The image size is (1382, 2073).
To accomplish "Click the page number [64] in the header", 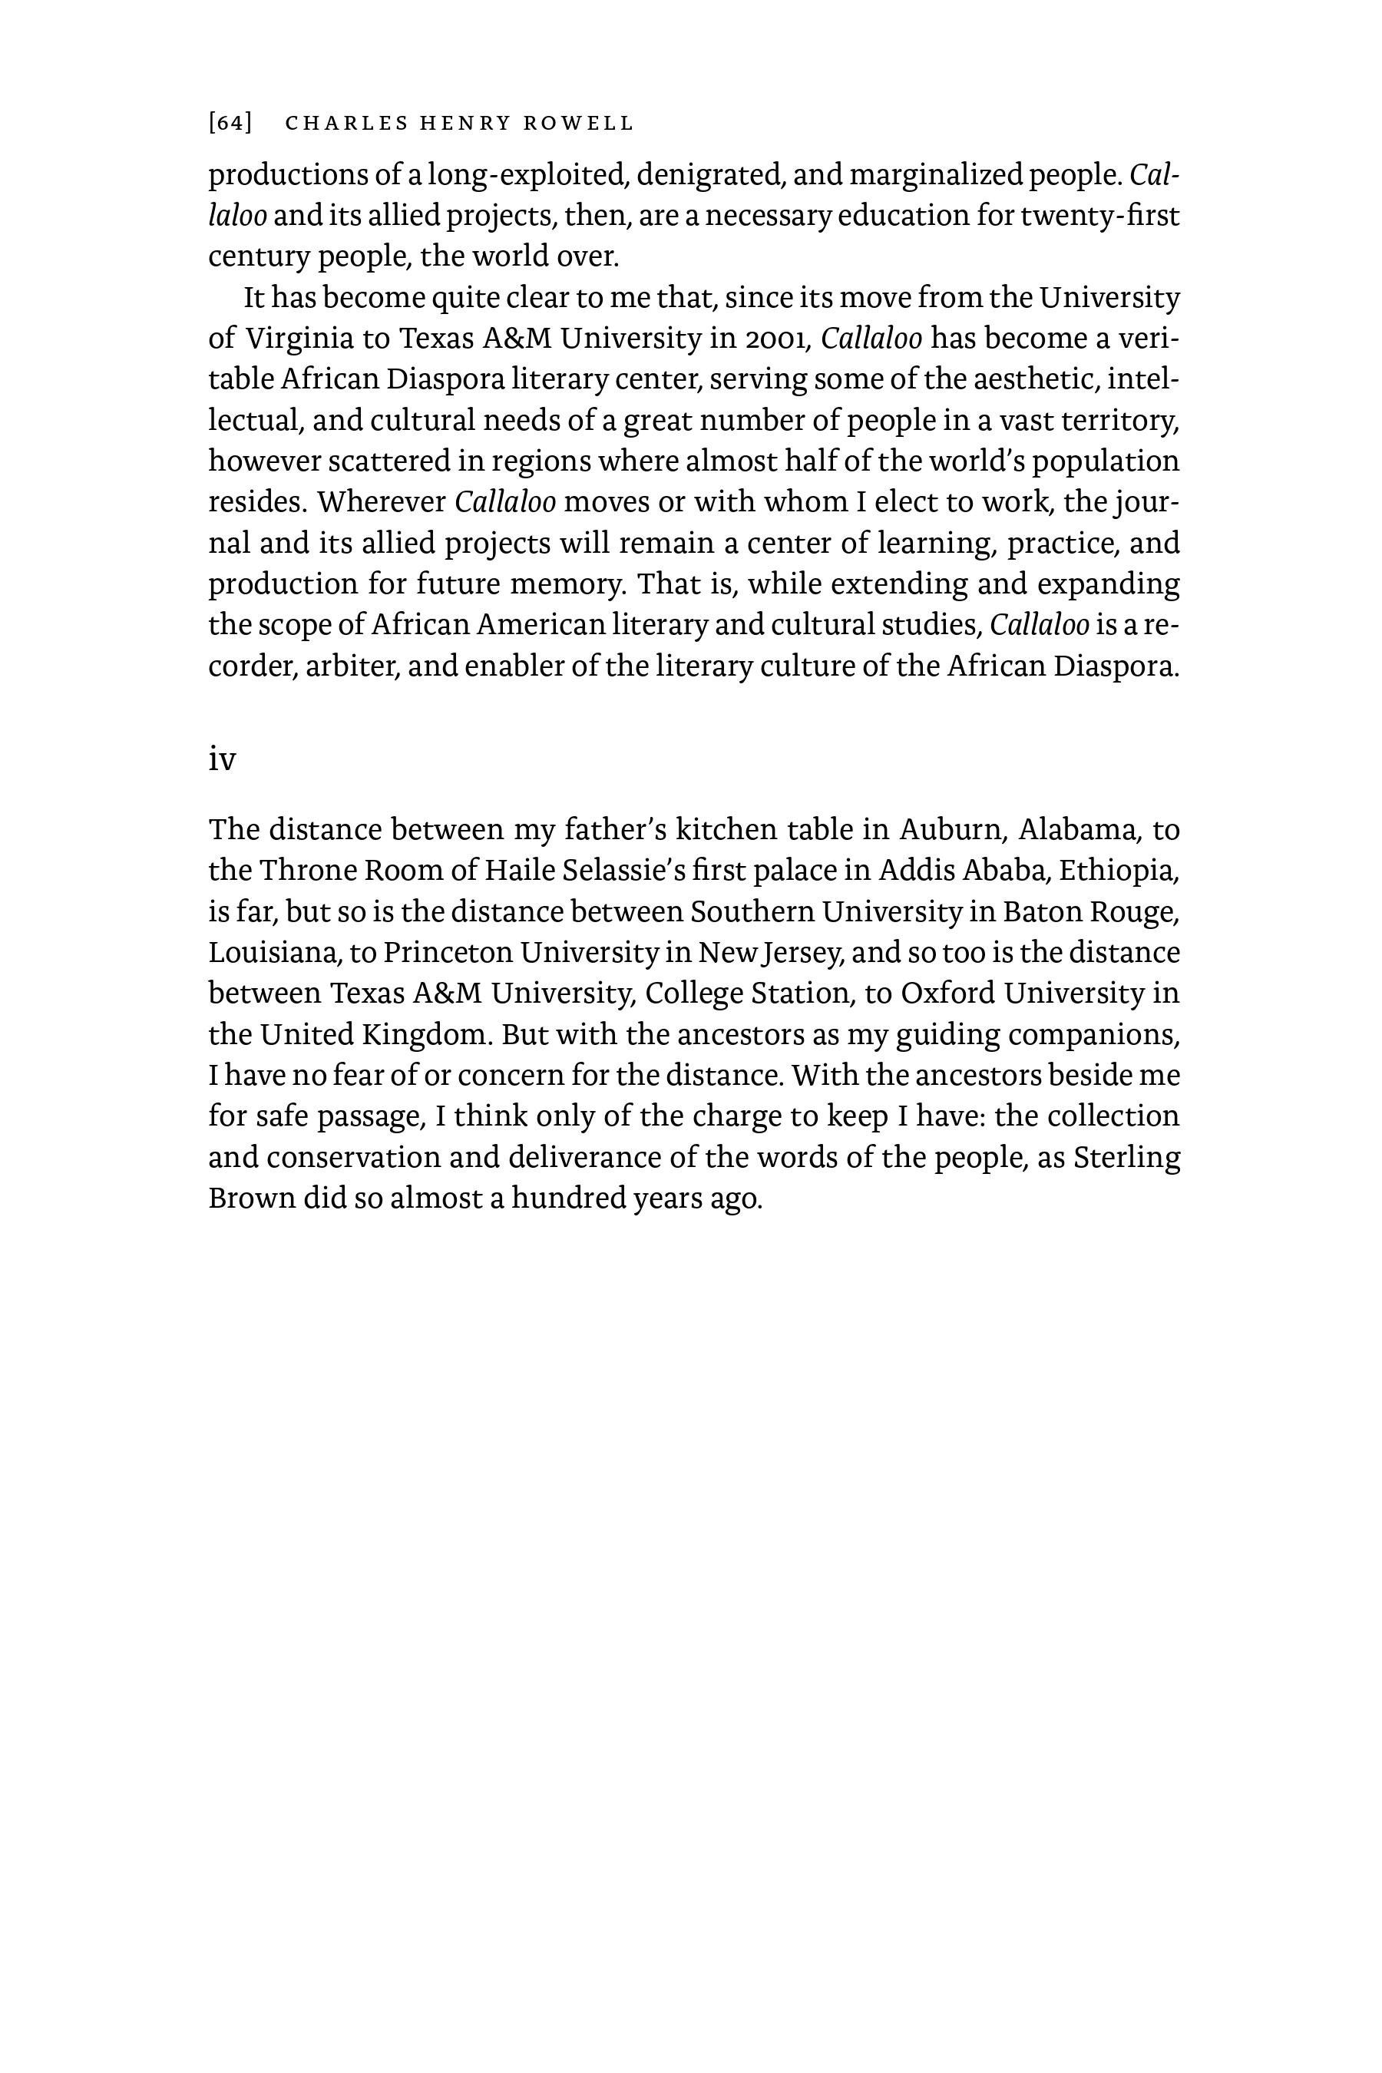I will click(x=230, y=124).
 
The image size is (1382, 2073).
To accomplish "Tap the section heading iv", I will click(x=222, y=759).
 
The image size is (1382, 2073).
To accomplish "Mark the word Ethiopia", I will click(x=1118, y=871).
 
